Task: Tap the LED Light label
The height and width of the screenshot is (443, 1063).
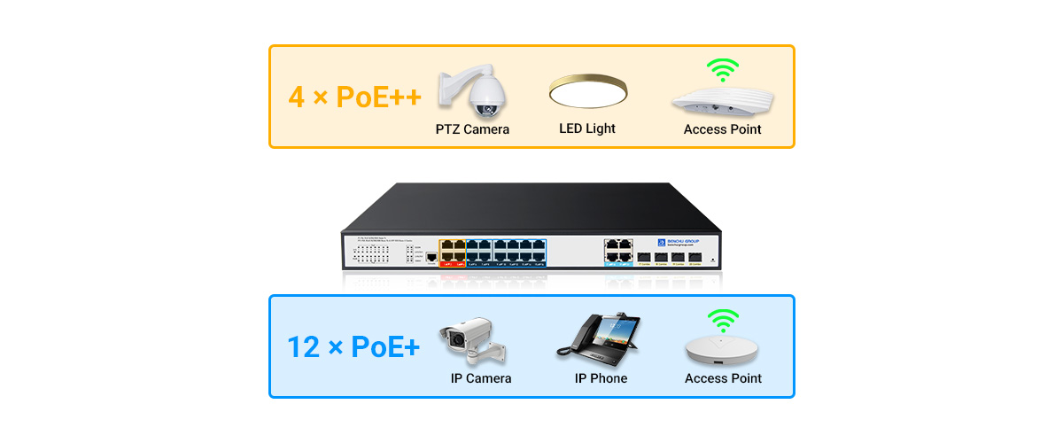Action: pos(587,128)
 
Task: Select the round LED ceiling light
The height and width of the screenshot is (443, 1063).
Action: pos(588,91)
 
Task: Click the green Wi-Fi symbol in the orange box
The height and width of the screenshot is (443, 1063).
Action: pos(722,70)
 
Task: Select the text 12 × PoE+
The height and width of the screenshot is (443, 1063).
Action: pos(353,346)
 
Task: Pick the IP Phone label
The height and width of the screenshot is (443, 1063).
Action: pos(601,378)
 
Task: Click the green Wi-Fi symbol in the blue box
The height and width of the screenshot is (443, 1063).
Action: pos(722,321)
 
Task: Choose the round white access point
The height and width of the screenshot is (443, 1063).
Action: pos(723,353)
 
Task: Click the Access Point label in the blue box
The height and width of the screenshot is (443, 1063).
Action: pos(723,378)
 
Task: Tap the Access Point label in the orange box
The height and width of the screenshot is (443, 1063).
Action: pos(723,129)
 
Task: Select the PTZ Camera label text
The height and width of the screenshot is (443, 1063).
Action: pos(472,129)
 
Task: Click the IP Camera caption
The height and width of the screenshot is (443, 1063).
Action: pos(481,378)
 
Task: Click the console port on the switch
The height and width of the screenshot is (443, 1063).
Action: pos(431,258)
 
